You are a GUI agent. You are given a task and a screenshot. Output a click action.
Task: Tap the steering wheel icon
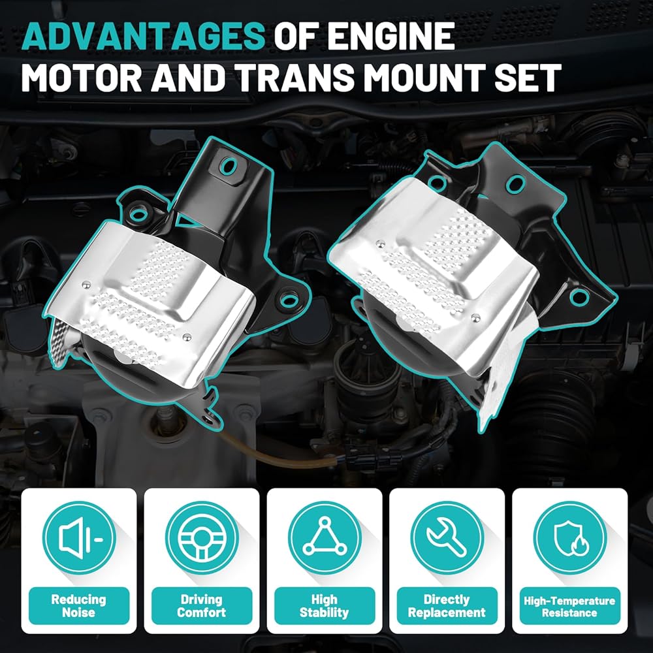coord(202,538)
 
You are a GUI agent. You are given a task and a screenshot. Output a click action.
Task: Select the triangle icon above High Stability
coord(325,538)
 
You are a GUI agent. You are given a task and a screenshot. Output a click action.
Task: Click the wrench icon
coord(447,538)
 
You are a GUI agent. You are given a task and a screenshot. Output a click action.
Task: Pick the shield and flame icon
coord(569,538)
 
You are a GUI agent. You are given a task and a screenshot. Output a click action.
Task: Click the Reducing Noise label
coord(79,605)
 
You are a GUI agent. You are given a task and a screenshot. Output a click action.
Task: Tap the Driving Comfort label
coord(202,605)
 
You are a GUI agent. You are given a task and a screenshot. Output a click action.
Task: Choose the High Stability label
coord(325,605)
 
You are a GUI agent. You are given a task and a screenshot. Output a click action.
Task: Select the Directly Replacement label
coord(447,605)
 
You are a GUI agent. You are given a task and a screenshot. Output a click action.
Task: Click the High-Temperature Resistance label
coord(569,605)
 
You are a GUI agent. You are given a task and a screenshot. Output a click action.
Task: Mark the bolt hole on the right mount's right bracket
coord(579,297)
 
